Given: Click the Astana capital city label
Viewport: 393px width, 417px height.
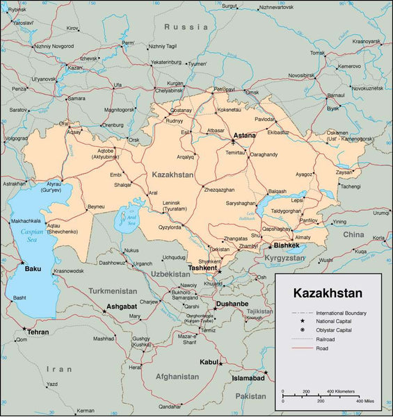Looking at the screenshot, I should (x=244, y=136).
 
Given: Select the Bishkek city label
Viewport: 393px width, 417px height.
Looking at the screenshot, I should (x=286, y=245).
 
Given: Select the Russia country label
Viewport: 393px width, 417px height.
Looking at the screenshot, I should (x=186, y=26).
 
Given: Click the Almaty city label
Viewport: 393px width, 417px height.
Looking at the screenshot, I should (x=302, y=237).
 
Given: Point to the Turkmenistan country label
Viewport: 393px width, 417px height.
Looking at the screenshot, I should (x=113, y=291).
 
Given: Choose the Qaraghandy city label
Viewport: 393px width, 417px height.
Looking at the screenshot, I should (x=264, y=154).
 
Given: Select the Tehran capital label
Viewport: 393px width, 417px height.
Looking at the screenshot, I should (x=38, y=332).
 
